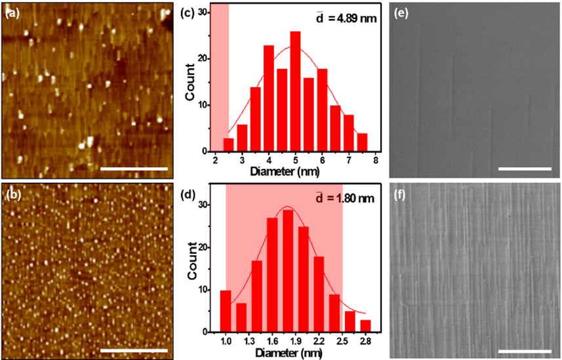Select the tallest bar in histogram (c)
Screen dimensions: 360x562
pos(295,91)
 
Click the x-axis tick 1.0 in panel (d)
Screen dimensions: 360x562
pos(225,340)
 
